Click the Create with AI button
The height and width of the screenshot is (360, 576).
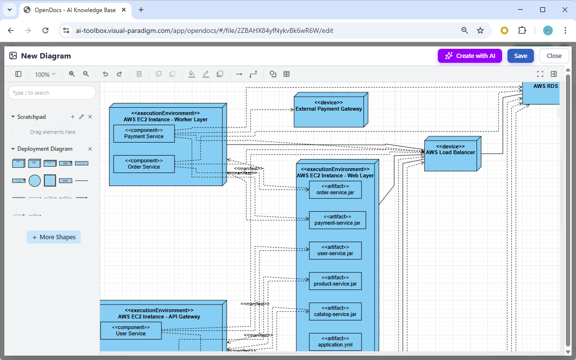pyautogui.click(x=470, y=56)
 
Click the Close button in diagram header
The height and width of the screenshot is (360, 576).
pyautogui.click(x=554, y=56)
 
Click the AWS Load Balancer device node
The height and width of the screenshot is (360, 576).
pyautogui.click(x=450, y=153)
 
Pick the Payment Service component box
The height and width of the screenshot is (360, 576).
pyautogui.click(x=144, y=133)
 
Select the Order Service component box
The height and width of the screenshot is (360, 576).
pyautogui.click(x=144, y=164)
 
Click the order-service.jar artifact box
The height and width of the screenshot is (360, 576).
pyautogui.click(x=335, y=189)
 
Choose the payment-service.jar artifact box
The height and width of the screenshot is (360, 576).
pyautogui.click(x=337, y=220)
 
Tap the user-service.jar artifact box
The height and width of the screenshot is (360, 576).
pyautogui.click(x=335, y=250)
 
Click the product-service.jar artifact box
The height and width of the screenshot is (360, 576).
pyautogui.click(x=335, y=281)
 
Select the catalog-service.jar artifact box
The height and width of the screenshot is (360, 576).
pyautogui.click(x=335, y=311)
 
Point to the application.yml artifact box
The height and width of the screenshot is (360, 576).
pyautogui.click(x=335, y=342)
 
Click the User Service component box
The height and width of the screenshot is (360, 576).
pyautogui.click(x=130, y=331)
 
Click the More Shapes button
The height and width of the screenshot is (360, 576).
pyautogui.click(x=54, y=237)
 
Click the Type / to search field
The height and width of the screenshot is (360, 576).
pyautogui.click(x=52, y=93)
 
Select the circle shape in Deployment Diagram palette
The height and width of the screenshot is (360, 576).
pyautogui.click(x=34, y=181)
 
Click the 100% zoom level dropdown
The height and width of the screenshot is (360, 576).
pyautogui.click(x=45, y=74)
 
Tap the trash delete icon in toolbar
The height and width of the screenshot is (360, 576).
pyautogui.click(x=139, y=74)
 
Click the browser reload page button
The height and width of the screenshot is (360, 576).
pyautogui.click(x=45, y=30)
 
